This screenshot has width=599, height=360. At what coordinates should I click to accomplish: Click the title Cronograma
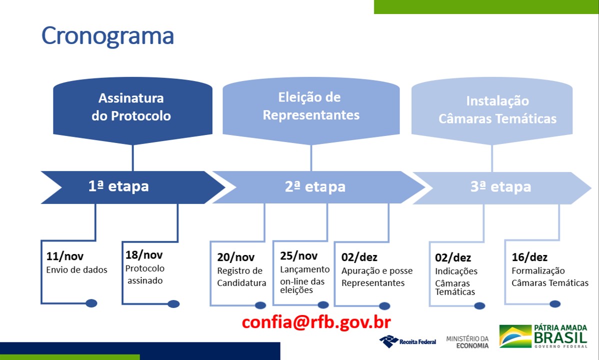click(x=107, y=36)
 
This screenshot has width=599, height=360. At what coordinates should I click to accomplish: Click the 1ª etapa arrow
click(x=132, y=187)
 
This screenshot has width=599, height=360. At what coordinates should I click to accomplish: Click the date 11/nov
click(x=64, y=256)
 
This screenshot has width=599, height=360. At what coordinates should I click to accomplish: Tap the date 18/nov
click(x=144, y=255)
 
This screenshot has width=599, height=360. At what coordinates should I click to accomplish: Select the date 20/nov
click(x=235, y=257)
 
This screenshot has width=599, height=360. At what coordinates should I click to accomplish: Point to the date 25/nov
click(x=298, y=255)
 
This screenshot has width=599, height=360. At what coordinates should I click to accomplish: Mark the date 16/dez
click(x=529, y=257)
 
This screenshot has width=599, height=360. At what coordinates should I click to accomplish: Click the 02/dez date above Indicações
click(x=452, y=258)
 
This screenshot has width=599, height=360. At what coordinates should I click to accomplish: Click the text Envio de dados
click(x=77, y=270)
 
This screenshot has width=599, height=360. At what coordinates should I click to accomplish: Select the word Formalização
click(x=538, y=271)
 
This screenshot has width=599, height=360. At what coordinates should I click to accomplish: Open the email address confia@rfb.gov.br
click(x=316, y=322)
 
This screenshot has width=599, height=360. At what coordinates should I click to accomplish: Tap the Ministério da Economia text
click(x=467, y=342)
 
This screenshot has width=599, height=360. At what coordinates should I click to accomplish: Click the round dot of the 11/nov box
click(x=91, y=303)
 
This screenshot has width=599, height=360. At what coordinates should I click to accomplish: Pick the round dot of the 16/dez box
click(x=555, y=304)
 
